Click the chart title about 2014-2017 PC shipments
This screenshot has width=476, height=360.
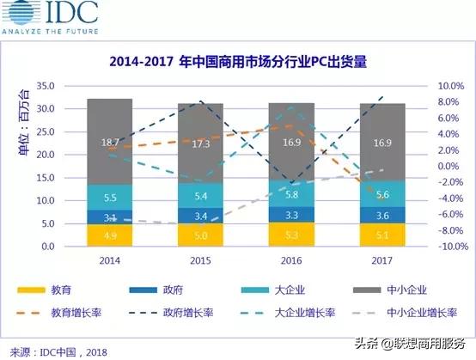coord(237,62)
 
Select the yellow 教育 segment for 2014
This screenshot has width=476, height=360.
coord(109,235)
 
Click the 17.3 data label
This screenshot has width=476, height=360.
coord(201,143)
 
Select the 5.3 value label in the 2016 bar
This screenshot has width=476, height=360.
coord(291,235)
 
